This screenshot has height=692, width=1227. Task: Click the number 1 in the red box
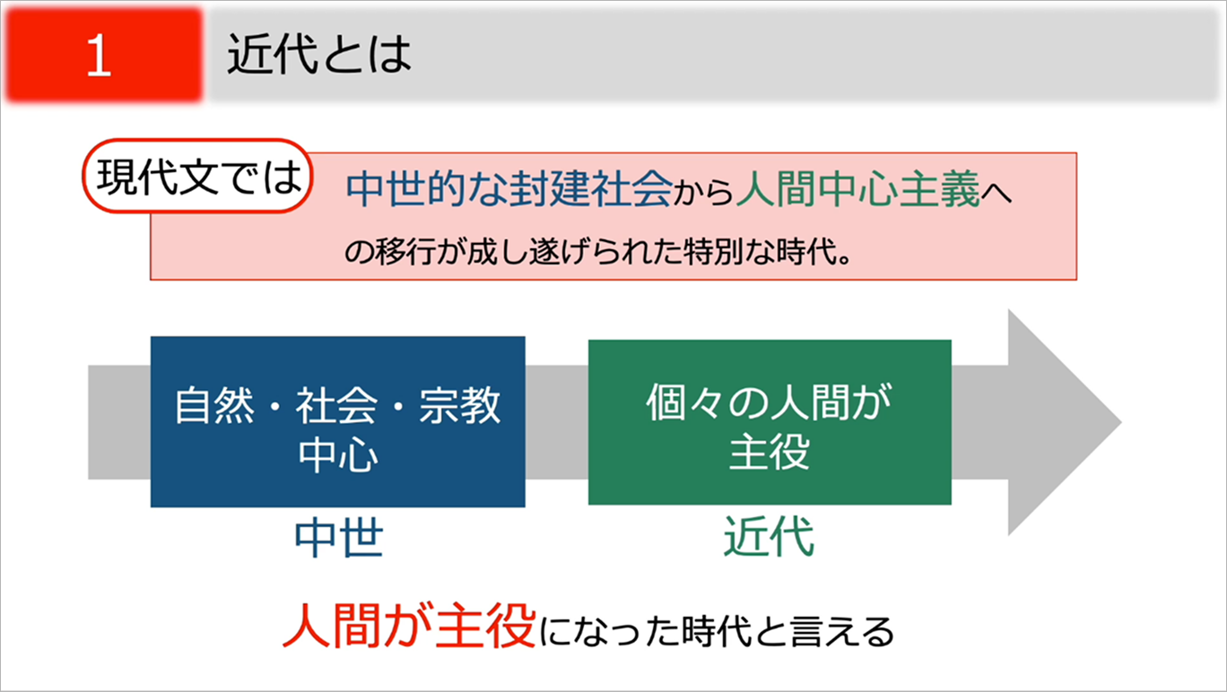pos(100,55)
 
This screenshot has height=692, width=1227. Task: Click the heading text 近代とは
pos(318,54)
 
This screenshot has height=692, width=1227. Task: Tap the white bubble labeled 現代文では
pos(197,176)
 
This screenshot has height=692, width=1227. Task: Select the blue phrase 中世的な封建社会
pos(509,189)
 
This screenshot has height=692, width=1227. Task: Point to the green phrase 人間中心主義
pos(857,189)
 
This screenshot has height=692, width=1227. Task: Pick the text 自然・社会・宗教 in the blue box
pos(337,406)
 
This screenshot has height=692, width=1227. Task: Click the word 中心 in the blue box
pos(338,454)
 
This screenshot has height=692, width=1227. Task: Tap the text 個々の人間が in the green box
pos(770,402)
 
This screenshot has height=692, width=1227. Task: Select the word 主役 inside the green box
pos(770,452)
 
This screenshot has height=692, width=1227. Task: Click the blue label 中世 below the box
pos(338,538)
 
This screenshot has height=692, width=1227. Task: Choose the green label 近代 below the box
pos(769,537)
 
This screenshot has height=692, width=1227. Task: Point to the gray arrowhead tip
pos(1121,422)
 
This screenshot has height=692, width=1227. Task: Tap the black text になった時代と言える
pos(717,631)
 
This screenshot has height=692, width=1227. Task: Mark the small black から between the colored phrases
pos(704,194)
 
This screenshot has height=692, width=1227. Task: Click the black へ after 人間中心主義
pos(996,194)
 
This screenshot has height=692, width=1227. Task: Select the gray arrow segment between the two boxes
pos(556,422)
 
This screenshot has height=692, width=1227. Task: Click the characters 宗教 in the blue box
pos(460,406)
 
